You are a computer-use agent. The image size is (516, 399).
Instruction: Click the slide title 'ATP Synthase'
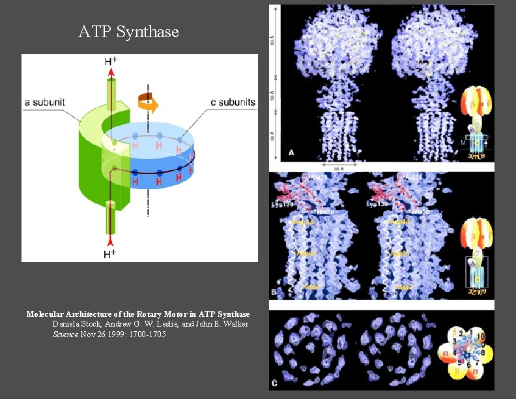pos(128,31)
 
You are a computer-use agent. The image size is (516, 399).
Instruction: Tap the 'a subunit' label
pos(48,102)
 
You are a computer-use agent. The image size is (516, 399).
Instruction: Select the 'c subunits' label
pos(232,102)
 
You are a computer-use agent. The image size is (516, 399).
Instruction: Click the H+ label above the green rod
pos(111,62)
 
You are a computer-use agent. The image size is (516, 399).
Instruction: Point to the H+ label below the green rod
pos(110,252)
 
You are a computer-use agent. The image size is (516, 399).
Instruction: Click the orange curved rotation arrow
pos(148,102)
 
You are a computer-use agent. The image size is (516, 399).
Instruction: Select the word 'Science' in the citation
pos(65,334)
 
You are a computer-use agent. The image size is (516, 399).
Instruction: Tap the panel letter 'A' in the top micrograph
pos(292,153)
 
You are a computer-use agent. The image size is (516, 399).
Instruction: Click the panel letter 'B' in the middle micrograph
pos(275,291)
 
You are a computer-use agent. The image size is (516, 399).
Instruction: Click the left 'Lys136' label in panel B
pos(282,205)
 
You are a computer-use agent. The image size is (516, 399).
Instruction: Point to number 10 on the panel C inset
pos(481,336)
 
